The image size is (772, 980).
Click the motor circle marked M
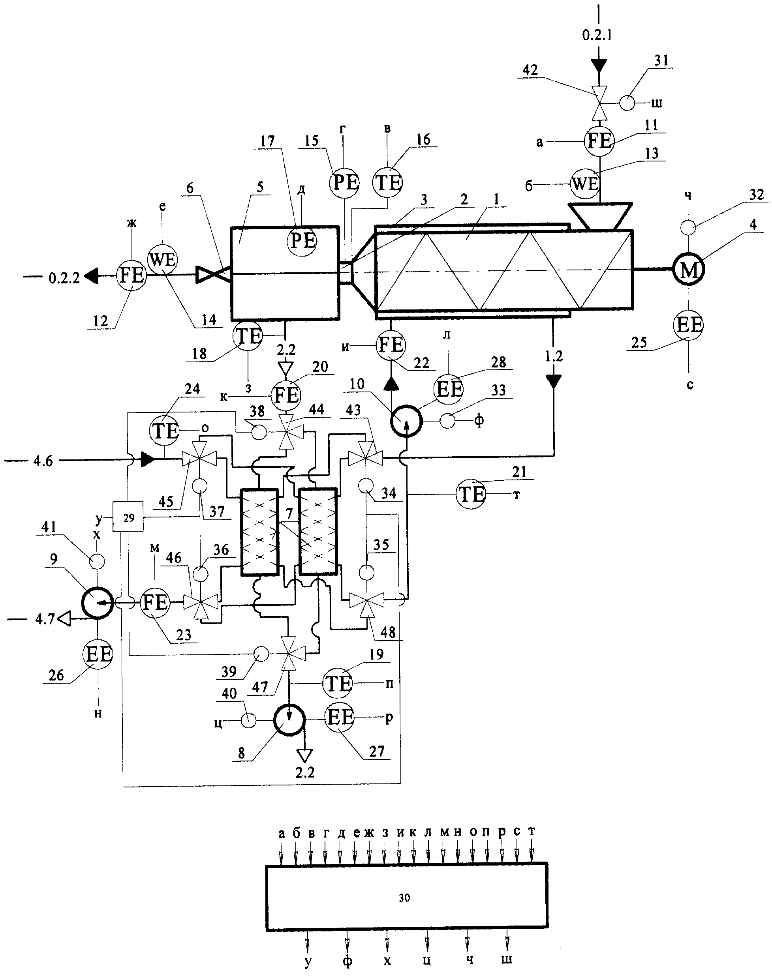pos(688,269)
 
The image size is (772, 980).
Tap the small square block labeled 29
pos(128,517)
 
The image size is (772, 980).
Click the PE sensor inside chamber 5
pos(302,240)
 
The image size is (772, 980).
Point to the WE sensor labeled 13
pos(585,184)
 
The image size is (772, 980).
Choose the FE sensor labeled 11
pos(599,141)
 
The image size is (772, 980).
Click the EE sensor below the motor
pos(688,324)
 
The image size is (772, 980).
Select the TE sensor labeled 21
pos(472,494)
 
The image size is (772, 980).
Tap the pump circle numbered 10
pos(406,421)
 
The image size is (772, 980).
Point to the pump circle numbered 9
pos(97,603)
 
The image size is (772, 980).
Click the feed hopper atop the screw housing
pos(599,216)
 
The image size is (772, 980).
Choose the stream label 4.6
pos(43,461)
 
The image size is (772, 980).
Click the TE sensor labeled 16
pos(388,182)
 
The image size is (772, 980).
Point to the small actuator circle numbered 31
pos(627,103)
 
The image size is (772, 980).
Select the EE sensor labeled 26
pos(98,654)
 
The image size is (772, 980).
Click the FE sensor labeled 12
pos(131,275)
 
